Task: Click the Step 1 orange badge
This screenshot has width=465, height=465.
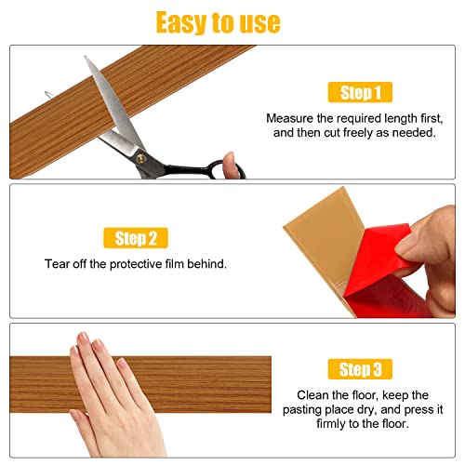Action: (360, 92)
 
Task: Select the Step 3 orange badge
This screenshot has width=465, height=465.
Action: (360, 370)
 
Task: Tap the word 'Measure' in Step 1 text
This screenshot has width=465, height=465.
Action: (290, 118)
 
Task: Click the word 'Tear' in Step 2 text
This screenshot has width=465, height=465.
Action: (58, 264)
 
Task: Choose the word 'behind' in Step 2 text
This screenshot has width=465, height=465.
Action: (206, 264)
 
